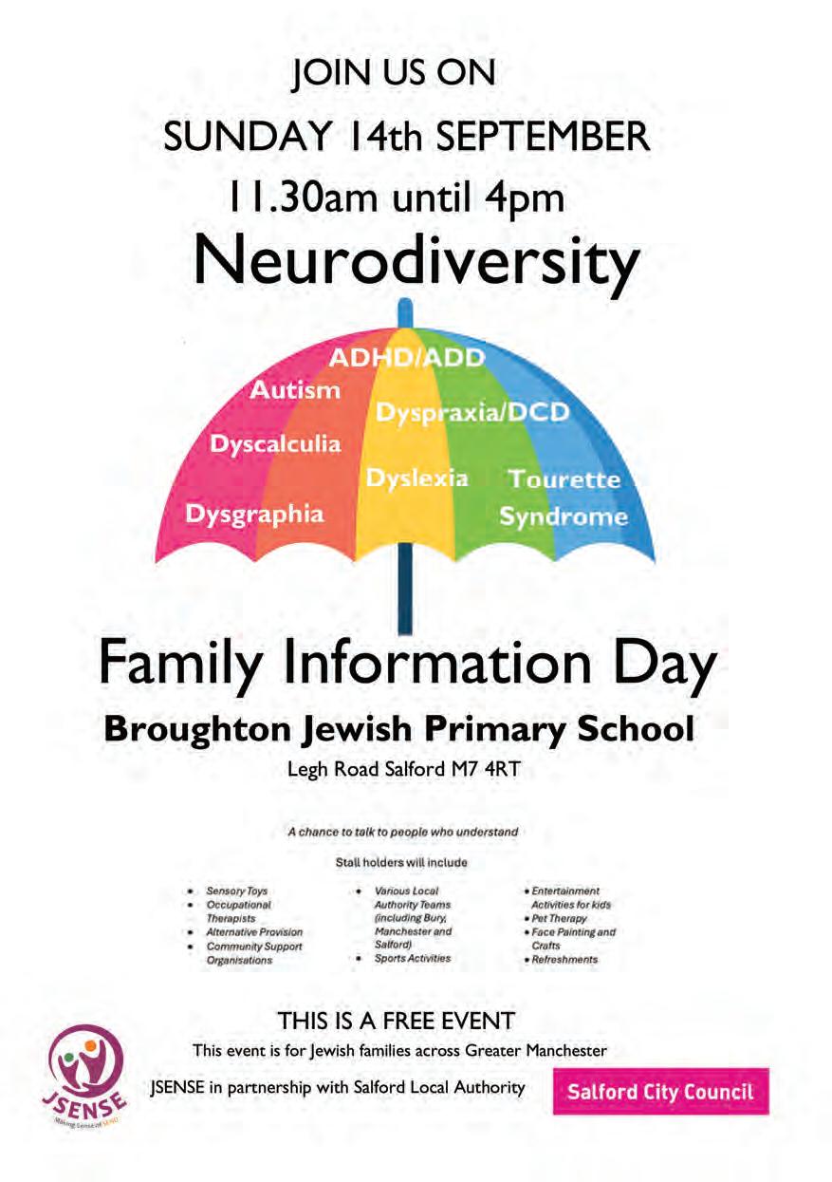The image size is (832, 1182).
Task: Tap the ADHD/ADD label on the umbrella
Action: coord(406,358)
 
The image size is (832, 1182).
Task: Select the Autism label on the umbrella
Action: coord(294,390)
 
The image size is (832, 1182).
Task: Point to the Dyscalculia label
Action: coord(274,444)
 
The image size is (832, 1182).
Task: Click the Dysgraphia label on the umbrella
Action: coord(254,514)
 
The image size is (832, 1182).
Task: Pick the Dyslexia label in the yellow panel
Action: coord(416,478)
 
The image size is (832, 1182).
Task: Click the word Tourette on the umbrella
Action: coord(564,479)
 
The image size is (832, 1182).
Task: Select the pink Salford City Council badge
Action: coord(660,1091)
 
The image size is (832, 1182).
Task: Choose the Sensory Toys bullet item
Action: coord(237,891)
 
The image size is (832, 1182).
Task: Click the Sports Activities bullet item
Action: coord(412,958)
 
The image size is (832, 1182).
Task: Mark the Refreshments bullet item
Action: coord(564,959)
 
